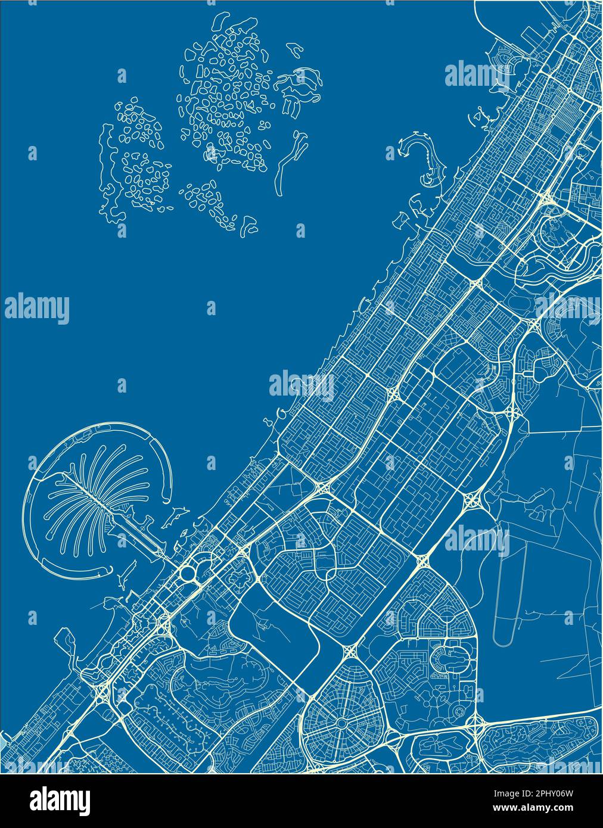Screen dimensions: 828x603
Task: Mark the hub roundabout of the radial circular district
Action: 341,723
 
